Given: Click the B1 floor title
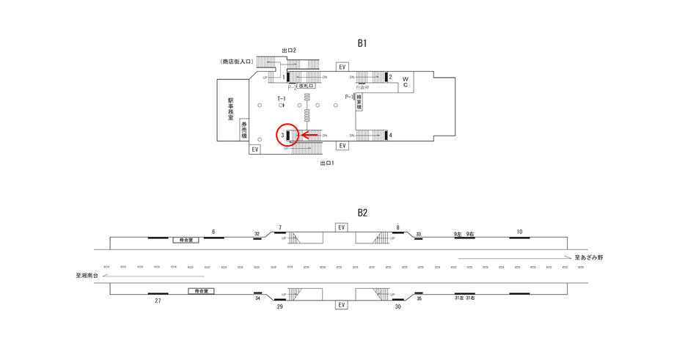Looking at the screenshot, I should pyautogui.click(x=362, y=43).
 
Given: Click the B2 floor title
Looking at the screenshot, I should pyautogui.click(x=362, y=213).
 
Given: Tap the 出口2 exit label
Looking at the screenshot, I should pyautogui.click(x=288, y=51).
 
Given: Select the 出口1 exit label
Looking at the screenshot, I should pyautogui.click(x=327, y=163).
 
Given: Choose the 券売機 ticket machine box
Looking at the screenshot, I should pyautogui.click(x=244, y=129).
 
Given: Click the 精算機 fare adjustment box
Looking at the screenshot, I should pyautogui.click(x=359, y=103).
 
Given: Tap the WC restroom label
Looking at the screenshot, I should pyautogui.click(x=405, y=81).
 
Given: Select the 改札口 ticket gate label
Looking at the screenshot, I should pyautogui.click(x=306, y=87).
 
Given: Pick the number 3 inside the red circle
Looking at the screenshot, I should pyautogui.click(x=282, y=135).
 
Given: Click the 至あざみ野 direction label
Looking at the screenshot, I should pyautogui.click(x=588, y=258).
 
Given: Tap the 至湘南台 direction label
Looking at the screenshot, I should pyautogui.click(x=87, y=276).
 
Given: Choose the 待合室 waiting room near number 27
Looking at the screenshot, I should pyautogui.click(x=200, y=291).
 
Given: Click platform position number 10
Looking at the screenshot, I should pyautogui.click(x=519, y=232).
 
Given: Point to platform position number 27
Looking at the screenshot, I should pyautogui.click(x=158, y=301).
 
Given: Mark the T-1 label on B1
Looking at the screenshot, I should pyautogui.click(x=281, y=98).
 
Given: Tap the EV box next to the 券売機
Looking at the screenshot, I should pyautogui.click(x=254, y=149).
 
